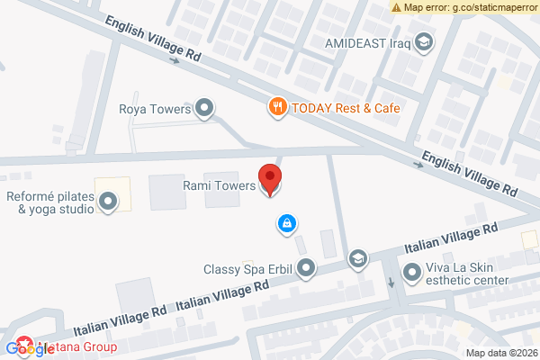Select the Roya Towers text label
tap(156, 110)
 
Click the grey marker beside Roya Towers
tap(205, 110)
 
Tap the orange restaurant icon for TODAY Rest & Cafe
tap(278, 107)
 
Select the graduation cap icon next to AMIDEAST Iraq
tap(422, 41)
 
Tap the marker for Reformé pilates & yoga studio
tap(108, 202)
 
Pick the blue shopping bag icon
tap(286, 222)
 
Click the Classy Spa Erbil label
tap(249, 268)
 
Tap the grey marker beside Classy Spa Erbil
tap(307, 267)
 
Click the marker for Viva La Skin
tap(412, 270)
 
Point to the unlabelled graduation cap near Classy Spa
tap(358, 259)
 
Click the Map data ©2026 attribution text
tap(500, 353)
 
